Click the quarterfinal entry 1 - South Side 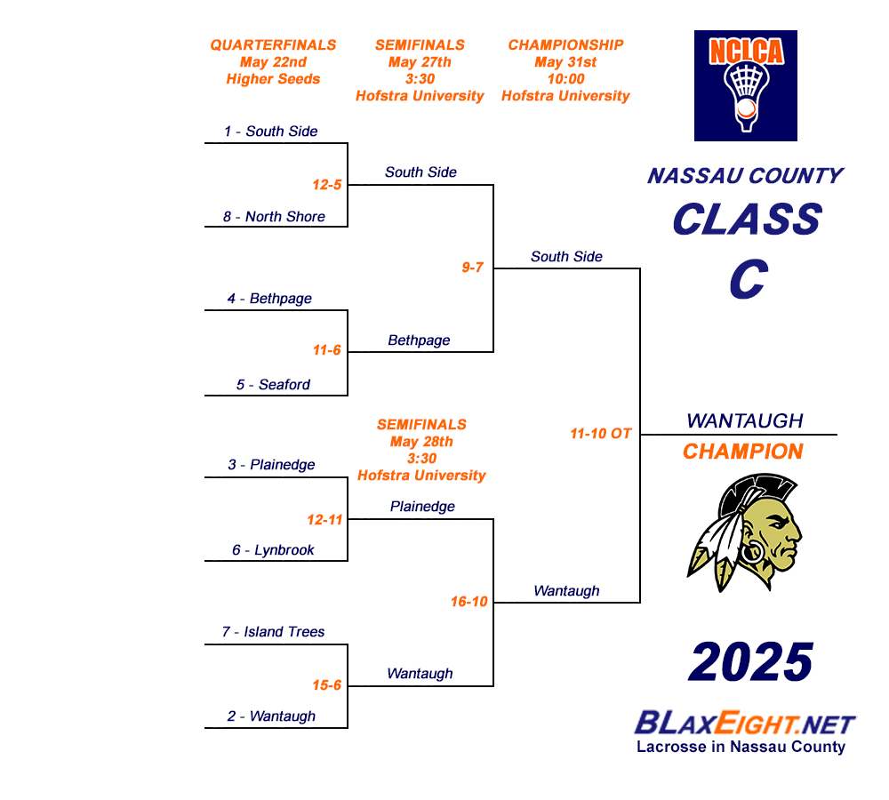point(270,132)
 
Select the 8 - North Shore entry point(273,217)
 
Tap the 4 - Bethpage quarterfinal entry point(269,299)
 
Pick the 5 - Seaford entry point(273,385)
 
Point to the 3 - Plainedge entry point(271,465)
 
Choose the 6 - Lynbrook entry point(273,550)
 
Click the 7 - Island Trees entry point(273,632)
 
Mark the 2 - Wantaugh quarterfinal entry point(271,716)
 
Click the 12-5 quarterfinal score point(327,185)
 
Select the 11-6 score point(327,350)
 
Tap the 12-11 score point(324,520)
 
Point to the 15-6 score point(327,685)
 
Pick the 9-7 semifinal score point(473,267)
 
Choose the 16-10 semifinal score point(469,602)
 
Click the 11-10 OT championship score point(601,434)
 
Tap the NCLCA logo point(745,85)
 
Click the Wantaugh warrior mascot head point(747,533)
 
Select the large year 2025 point(751,663)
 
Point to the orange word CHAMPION point(743,452)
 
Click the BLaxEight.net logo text point(745,723)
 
